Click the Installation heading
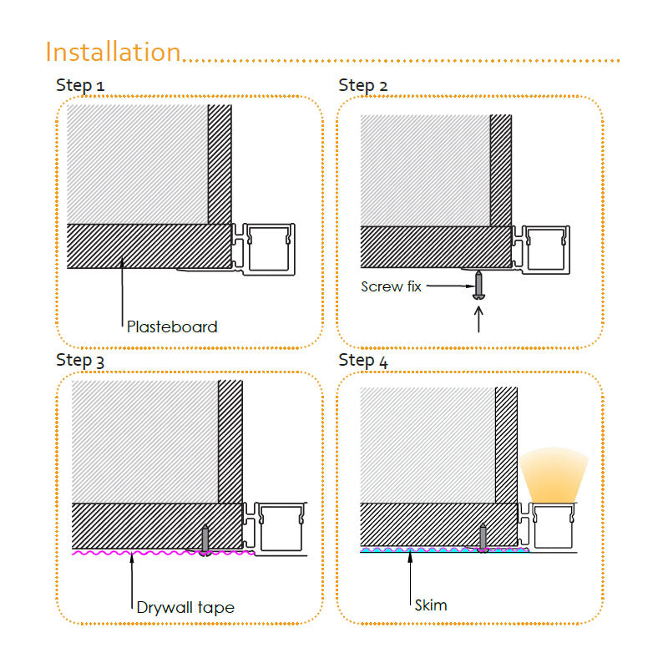[114, 52]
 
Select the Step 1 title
[80, 85]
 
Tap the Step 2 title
[362, 85]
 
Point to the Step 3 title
[80, 361]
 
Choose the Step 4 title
[363, 361]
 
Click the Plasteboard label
[172, 326]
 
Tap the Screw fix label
[391, 286]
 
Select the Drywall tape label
[185, 608]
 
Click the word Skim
[431, 605]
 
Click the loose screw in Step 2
[478, 285]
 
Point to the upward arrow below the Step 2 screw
[478, 319]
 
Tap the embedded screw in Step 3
[205, 539]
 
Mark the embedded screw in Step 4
[483, 538]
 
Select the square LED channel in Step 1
[269, 249]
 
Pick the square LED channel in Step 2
[546, 250]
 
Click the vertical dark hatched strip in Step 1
[220, 164]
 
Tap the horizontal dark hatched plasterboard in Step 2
[436, 247]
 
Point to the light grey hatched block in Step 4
[428, 445]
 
